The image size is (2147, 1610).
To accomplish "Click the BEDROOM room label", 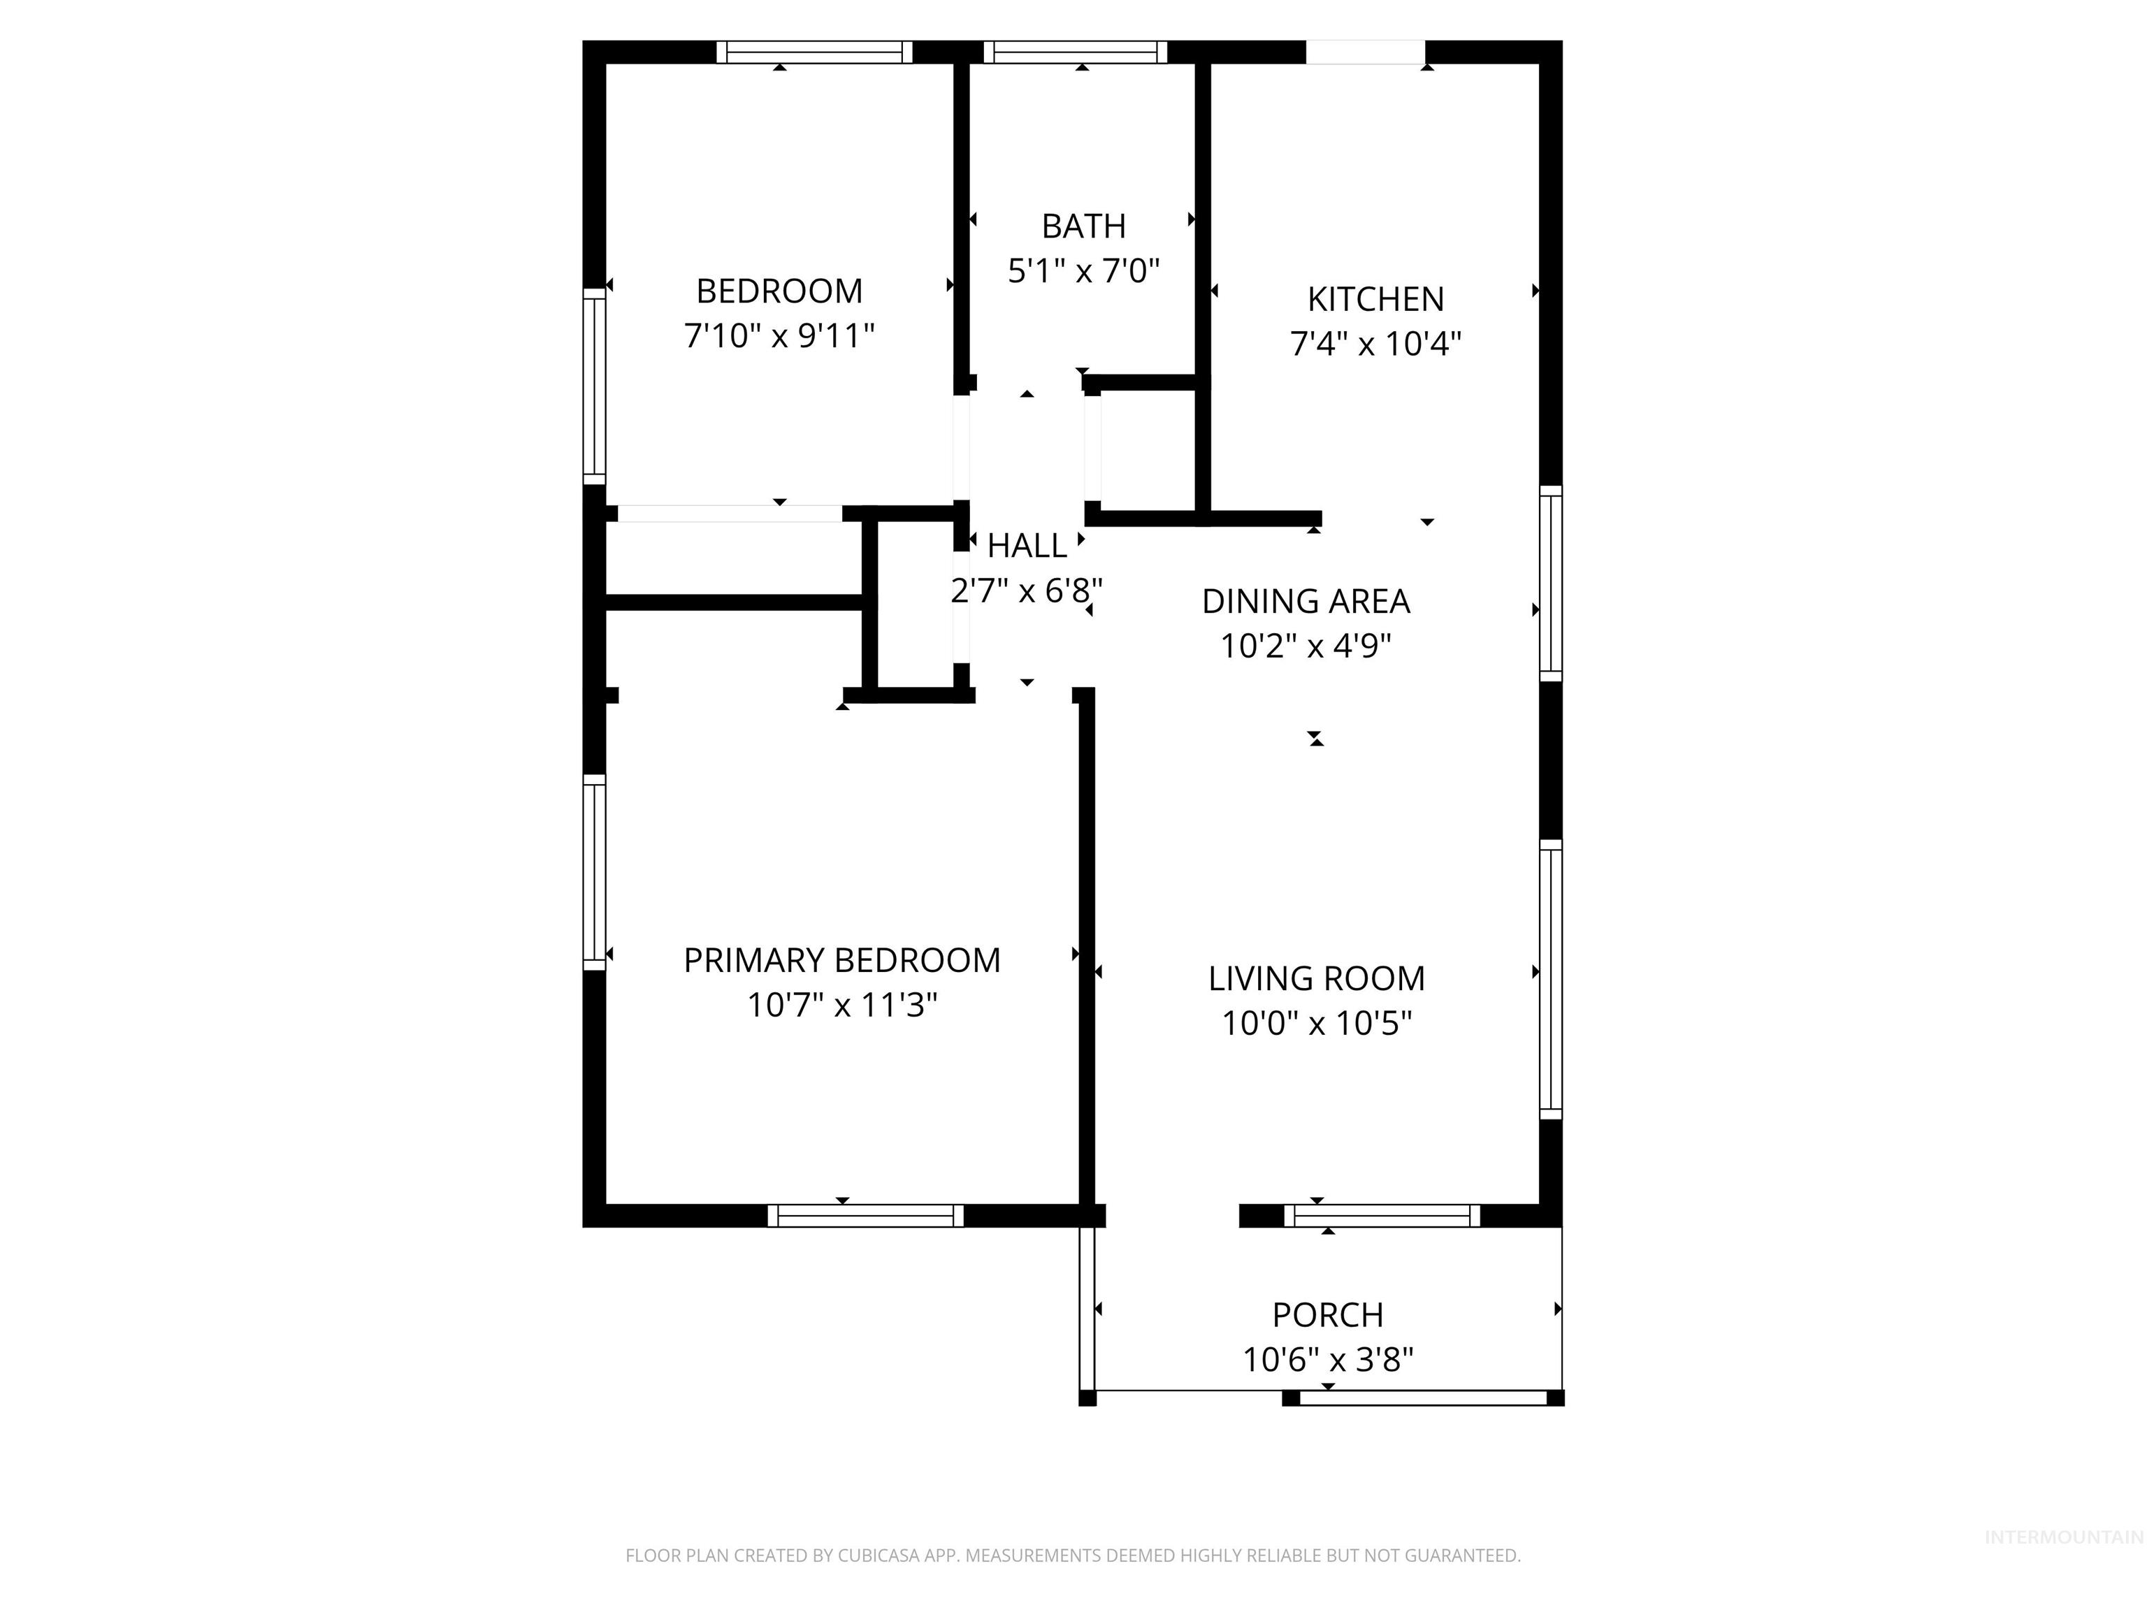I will (779, 291).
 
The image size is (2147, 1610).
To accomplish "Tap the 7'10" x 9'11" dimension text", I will (779, 337).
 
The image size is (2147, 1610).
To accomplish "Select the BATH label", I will (1083, 226).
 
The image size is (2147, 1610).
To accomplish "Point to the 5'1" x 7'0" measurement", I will (1083, 270).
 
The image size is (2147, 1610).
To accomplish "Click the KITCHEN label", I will (1375, 299).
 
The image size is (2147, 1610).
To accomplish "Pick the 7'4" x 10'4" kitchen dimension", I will (1375, 344).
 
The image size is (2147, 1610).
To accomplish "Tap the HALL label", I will (1026, 546).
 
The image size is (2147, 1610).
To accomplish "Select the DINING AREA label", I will (1306, 602).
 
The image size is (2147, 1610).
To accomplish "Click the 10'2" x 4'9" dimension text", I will (1306, 646).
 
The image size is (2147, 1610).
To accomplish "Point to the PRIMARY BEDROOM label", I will (841, 961).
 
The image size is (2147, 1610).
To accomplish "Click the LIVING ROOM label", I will (1316, 978).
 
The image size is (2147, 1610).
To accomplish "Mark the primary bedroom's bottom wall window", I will (865, 1216).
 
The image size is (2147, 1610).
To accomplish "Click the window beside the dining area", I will (1550, 584).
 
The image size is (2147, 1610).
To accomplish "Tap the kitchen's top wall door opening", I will (1365, 52).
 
